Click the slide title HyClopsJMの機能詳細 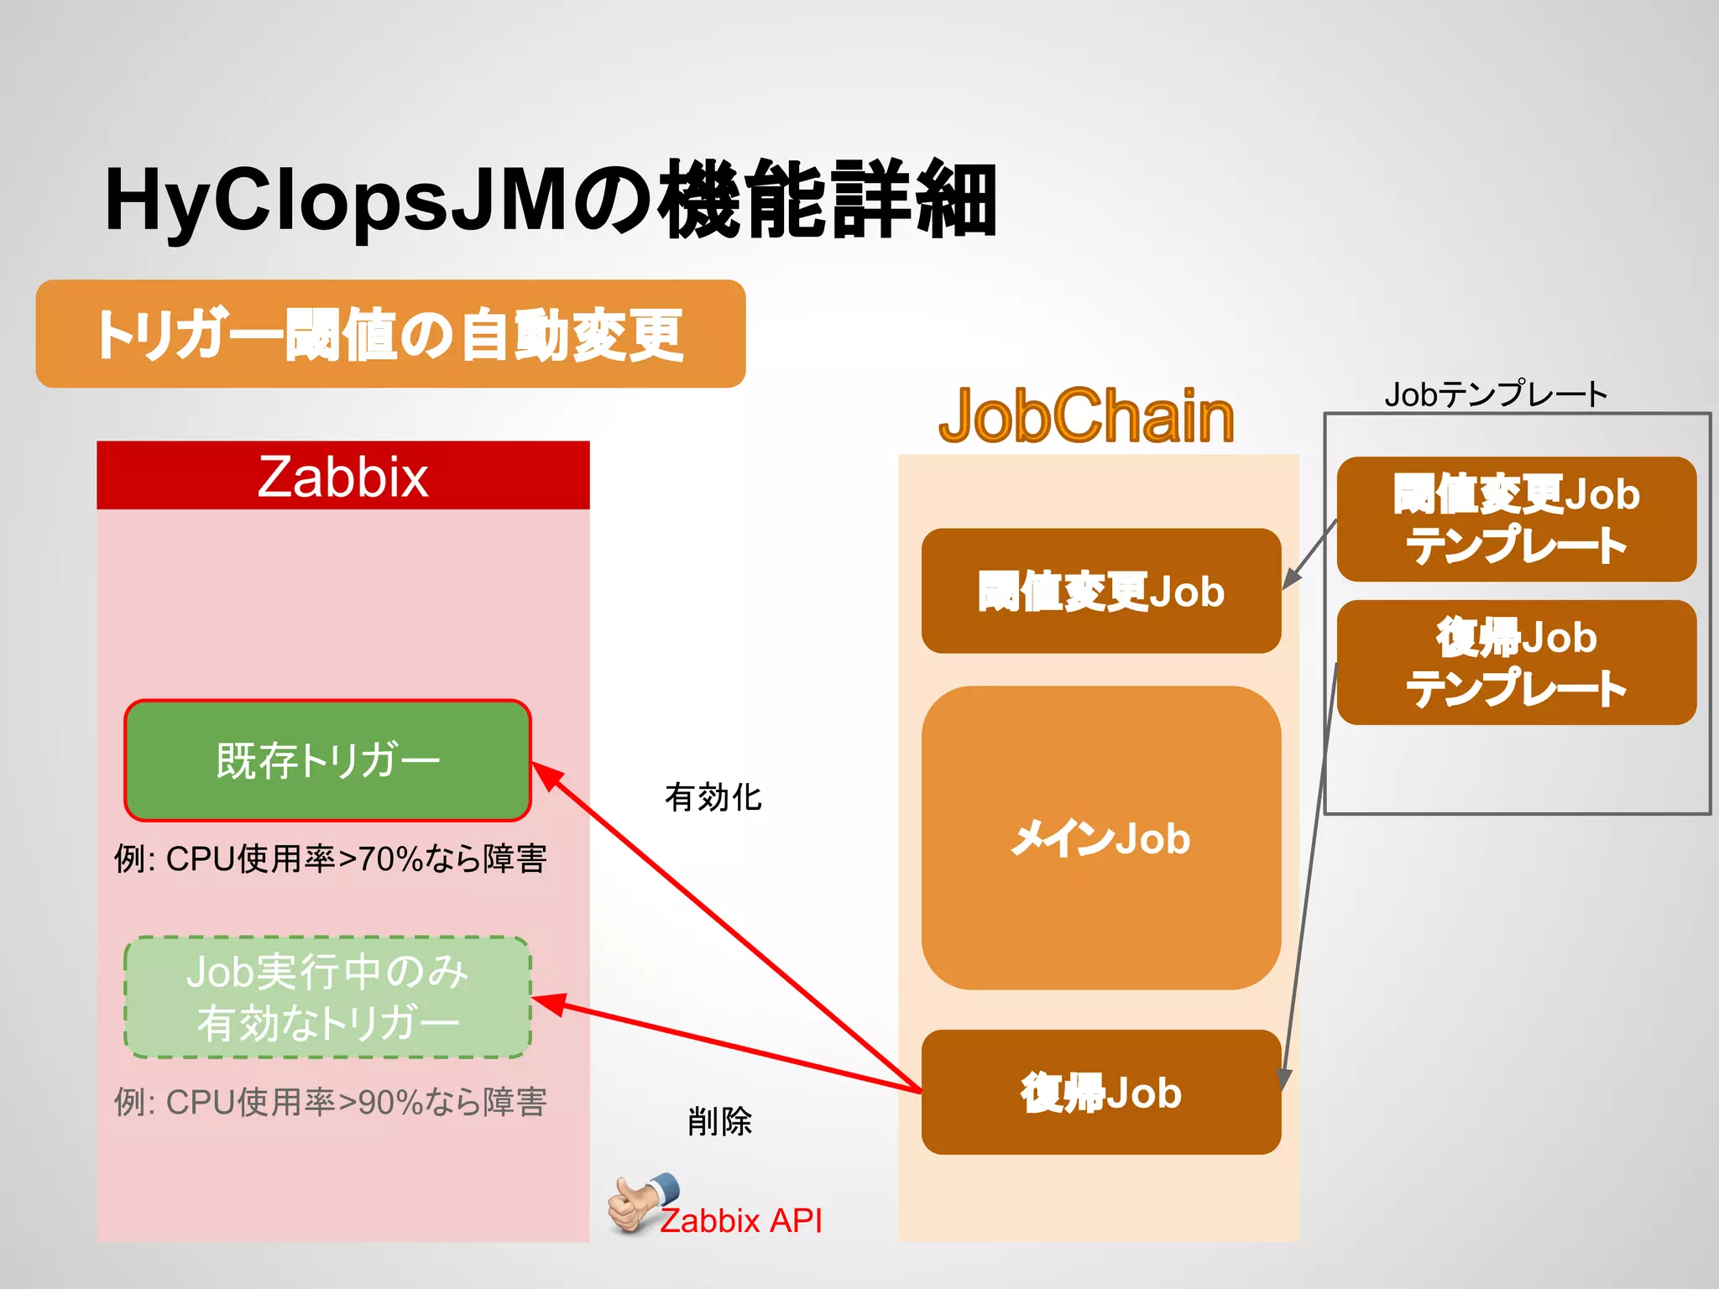550,200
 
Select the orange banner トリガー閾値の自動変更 390,334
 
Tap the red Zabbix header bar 342,476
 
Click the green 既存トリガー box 327,760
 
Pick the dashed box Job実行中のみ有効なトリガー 327,997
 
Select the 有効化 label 713,797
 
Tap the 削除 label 719,1121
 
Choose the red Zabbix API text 740,1220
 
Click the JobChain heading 1086,416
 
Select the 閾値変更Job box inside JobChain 1100,591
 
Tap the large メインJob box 1100,838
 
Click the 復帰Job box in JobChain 1100,1092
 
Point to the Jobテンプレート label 1496,394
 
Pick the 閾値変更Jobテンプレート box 1516,519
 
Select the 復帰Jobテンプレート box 1516,662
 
